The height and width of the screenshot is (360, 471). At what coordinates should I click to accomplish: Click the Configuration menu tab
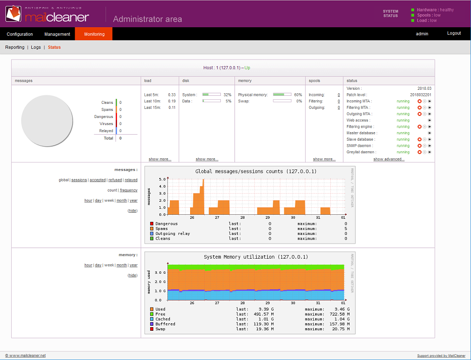(x=20, y=34)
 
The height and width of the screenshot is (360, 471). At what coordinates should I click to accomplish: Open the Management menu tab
(x=57, y=34)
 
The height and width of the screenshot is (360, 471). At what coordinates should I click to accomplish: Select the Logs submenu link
(x=36, y=47)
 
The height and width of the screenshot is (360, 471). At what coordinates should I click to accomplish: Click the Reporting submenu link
(x=15, y=47)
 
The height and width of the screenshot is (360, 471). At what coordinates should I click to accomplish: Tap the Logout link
(x=454, y=34)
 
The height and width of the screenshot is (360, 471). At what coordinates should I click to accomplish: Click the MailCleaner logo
(x=47, y=15)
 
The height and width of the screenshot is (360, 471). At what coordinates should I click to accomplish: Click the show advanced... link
(x=389, y=159)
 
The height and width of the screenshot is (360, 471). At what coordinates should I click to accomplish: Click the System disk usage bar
(x=211, y=94)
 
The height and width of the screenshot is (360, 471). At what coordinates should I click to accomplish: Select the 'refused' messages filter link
(x=115, y=180)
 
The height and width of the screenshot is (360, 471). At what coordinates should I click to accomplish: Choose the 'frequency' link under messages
(x=129, y=190)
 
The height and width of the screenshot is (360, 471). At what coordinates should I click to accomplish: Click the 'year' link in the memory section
(x=133, y=265)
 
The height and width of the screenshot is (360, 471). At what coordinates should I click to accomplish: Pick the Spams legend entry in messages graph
(x=161, y=228)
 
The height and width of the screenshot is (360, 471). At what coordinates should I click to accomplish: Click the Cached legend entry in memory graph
(x=162, y=319)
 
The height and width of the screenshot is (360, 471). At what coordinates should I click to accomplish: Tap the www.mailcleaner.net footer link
(x=27, y=355)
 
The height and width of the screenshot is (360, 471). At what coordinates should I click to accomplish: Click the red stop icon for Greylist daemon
(x=419, y=152)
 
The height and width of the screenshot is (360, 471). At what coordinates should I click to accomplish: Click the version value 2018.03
(x=424, y=88)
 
